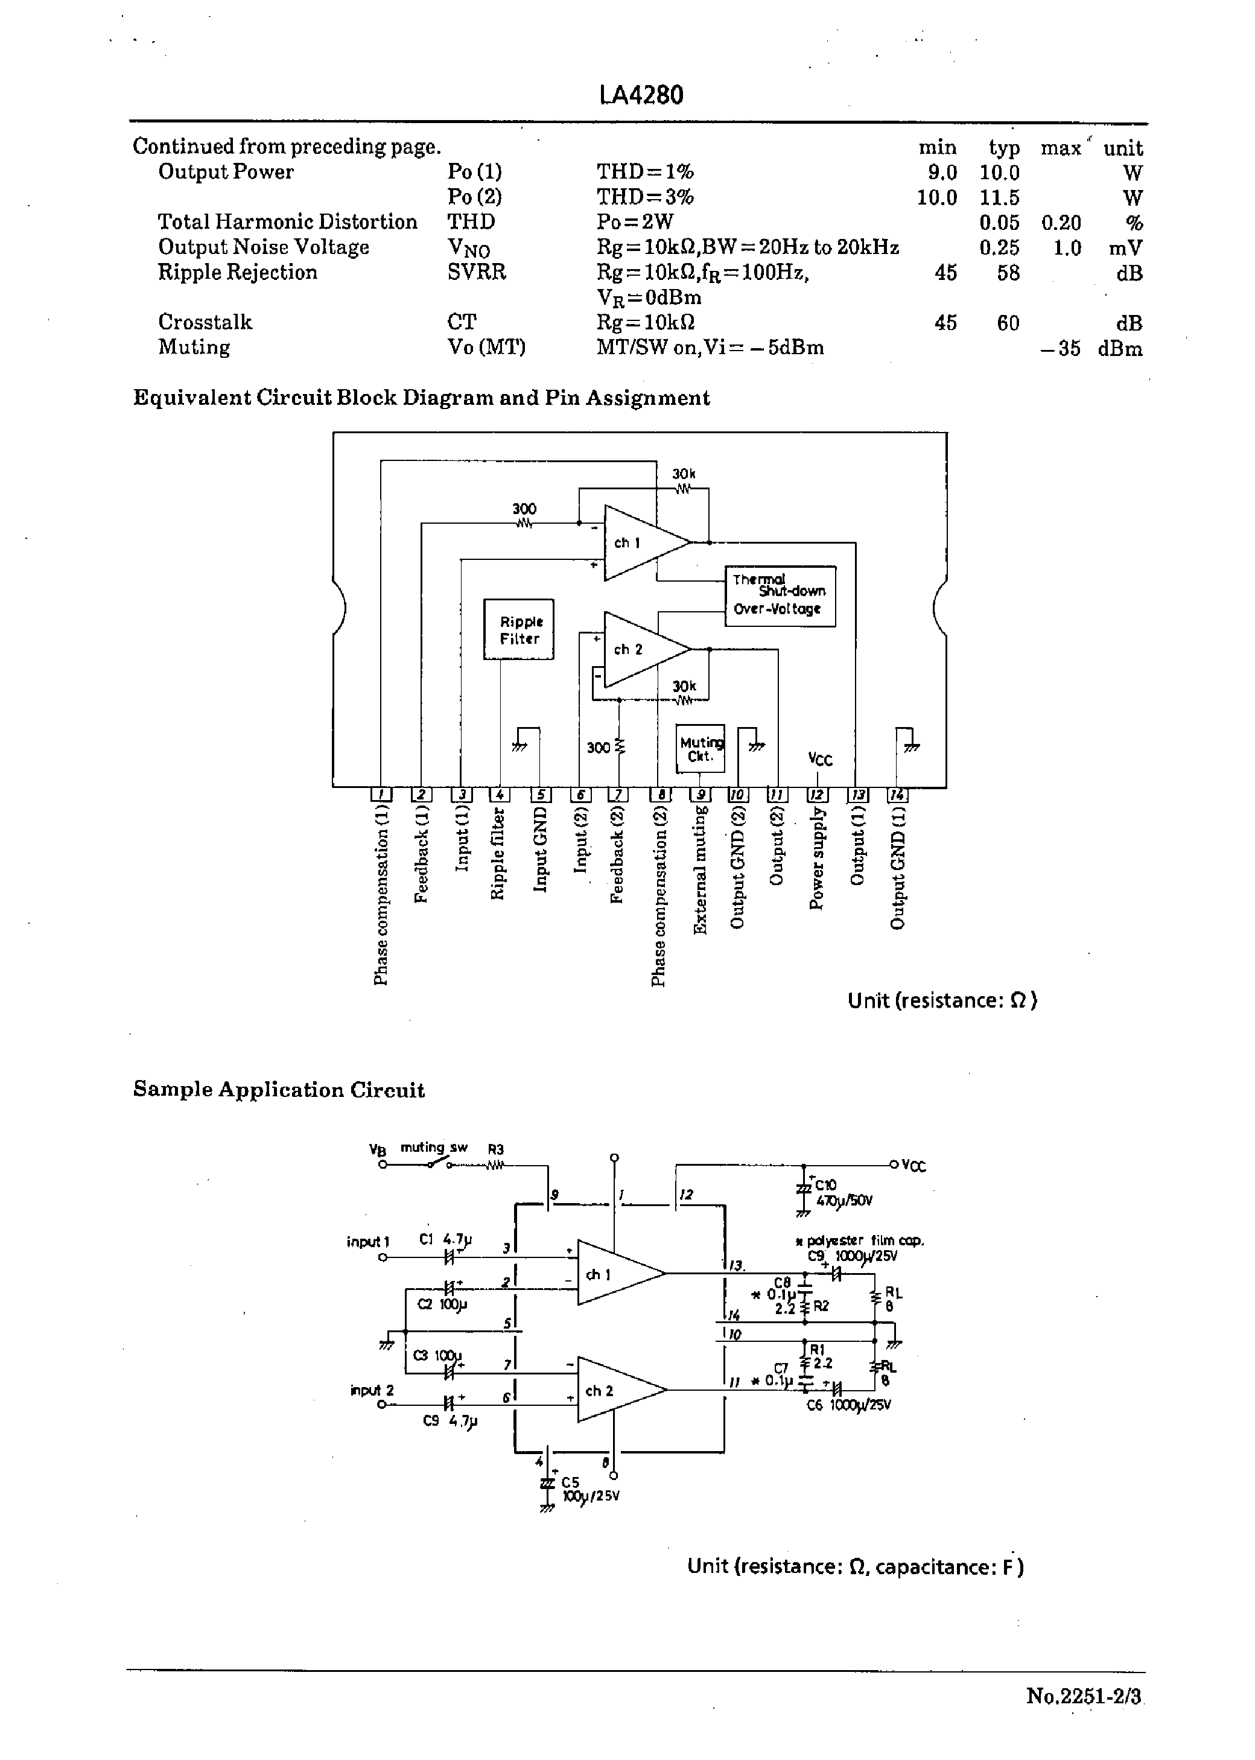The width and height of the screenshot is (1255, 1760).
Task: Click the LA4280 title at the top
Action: pyautogui.click(x=641, y=95)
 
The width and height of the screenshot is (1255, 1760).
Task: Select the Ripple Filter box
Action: pyautogui.click(x=518, y=630)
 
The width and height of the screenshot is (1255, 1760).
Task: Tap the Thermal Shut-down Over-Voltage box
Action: pyautogui.click(x=780, y=596)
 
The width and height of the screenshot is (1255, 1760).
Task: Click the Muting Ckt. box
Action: pyautogui.click(x=700, y=749)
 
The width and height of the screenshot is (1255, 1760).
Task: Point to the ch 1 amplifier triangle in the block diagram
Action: pyautogui.click(x=638, y=542)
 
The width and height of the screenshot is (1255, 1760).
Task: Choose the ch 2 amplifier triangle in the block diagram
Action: pyautogui.click(x=638, y=649)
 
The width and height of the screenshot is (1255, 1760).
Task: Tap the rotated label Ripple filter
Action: pyautogui.click(x=498, y=854)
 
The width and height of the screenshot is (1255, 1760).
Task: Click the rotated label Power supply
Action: pyautogui.click(x=817, y=859)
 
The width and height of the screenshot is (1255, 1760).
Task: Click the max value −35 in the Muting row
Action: pyautogui.click(x=1060, y=349)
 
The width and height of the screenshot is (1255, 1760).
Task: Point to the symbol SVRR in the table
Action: pyautogui.click(x=476, y=273)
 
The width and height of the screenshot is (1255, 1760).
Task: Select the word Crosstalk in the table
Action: pyautogui.click(x=205, y=322)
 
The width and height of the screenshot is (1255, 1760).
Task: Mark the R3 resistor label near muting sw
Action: pyautogui.click(x=495, y=1149)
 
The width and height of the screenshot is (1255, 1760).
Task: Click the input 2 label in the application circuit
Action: pyautogui.click(x=372, y=1391)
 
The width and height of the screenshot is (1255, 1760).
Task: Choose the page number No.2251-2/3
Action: pyautogui.click(x=1084, y=1696)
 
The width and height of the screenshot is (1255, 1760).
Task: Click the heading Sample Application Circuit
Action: pyautogui.click(x=279, y=1090)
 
